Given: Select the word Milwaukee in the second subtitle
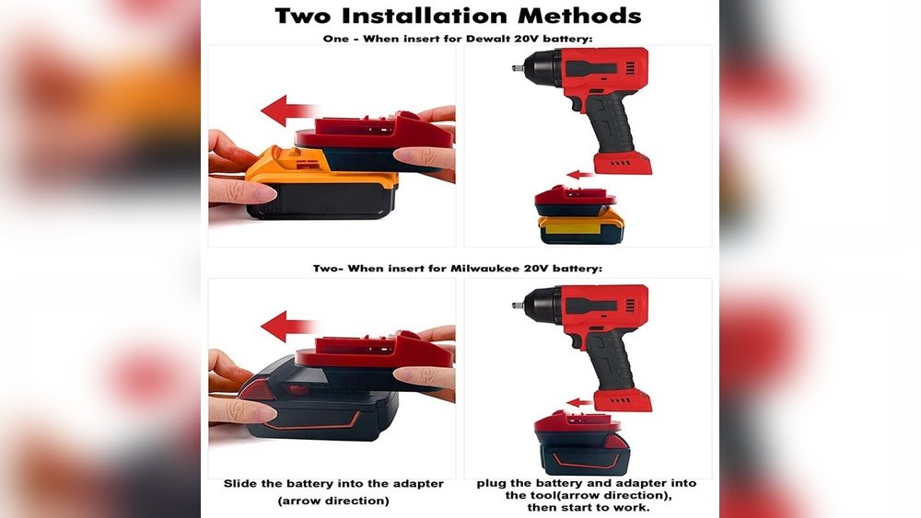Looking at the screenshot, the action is coord(484,268).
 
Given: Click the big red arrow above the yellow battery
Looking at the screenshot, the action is coord(287,110).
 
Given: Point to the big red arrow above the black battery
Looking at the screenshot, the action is coord(287,327).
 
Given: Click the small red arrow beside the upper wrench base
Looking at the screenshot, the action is coord(579,174).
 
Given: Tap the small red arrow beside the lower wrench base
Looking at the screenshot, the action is coord(579,402).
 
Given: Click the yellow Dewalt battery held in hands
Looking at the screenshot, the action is coord(321,184).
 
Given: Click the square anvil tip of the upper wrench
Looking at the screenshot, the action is coord(517,68).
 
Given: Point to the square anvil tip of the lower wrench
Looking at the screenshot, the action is coord(517,305).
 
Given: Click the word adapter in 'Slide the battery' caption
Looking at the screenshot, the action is coord(417,484).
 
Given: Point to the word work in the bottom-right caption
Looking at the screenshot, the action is coord(634,508).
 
